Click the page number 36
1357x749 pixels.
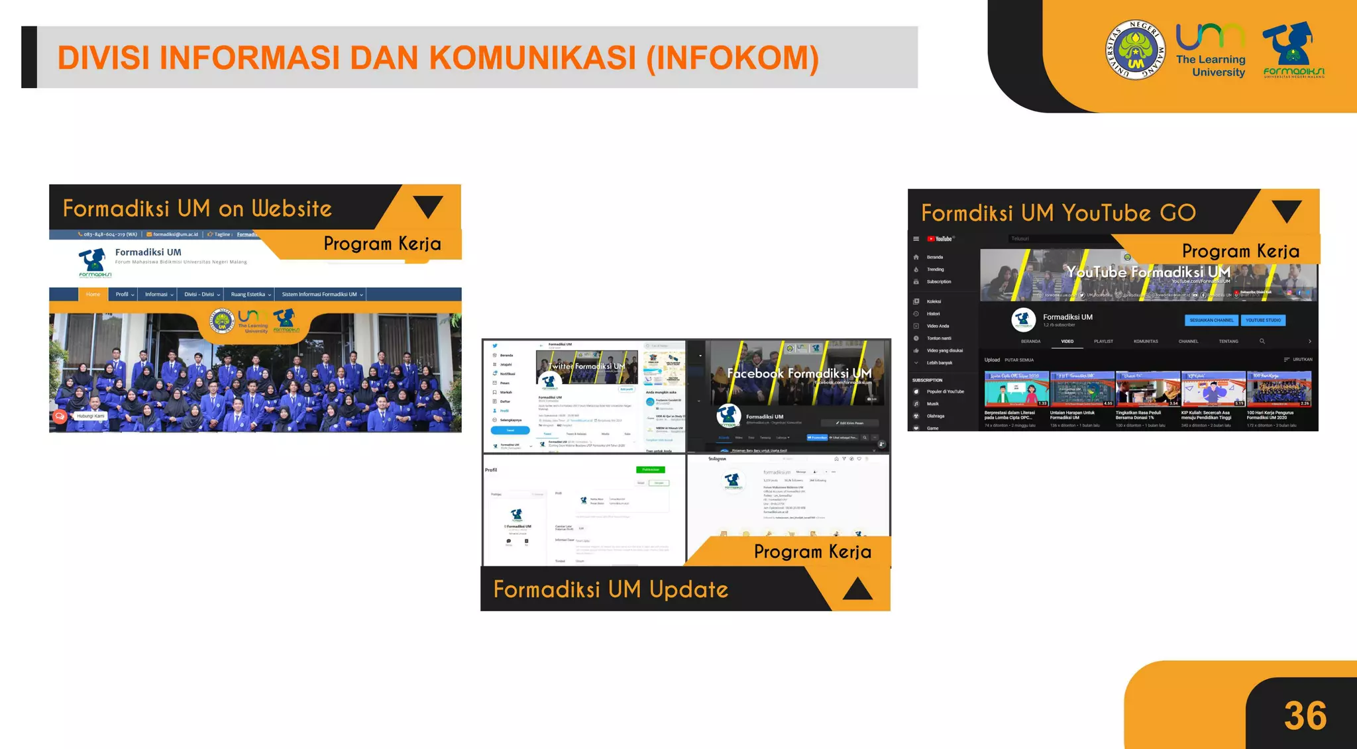(1305, 716)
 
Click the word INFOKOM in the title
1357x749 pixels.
(732, 58)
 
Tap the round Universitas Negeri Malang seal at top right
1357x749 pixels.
(1135, 50)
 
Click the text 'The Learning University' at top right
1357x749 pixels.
(1211, 66)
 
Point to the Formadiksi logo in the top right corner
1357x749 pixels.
(1293, 50)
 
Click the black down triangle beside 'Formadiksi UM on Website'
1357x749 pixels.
(428, 206)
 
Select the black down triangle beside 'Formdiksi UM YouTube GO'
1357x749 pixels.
(1286, 211)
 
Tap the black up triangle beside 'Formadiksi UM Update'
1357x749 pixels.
(857, 589)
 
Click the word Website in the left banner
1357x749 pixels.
(292, 209)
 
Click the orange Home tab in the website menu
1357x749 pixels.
(93, 295)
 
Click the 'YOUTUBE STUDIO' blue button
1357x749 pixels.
(1263, 321)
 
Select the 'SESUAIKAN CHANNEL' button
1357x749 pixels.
(1211, 321)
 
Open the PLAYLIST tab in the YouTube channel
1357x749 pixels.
(1103, 342)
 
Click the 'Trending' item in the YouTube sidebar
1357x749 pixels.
(935, 270)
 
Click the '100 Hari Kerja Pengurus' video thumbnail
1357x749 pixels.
(1279, 389)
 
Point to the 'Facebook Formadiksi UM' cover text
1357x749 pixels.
(798, 374)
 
